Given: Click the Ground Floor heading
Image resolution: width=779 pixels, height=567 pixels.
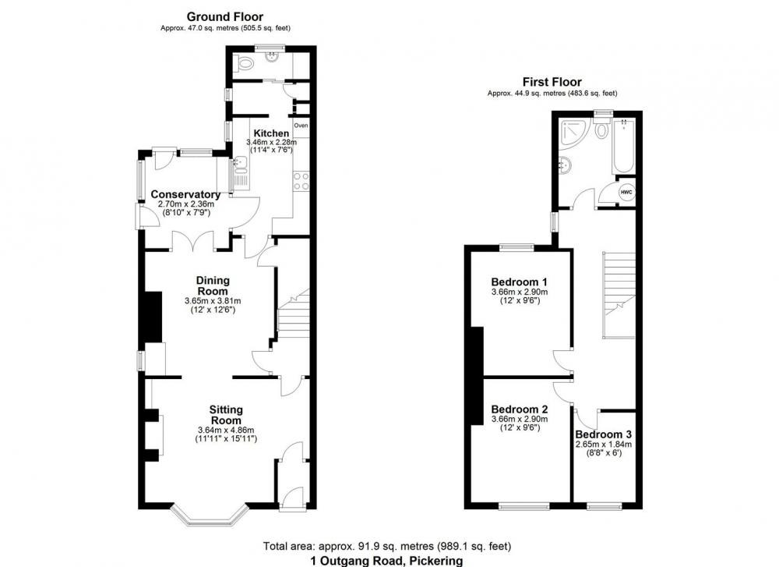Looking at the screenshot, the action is pos(225,17).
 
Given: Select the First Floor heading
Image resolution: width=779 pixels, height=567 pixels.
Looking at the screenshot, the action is pos(552,82).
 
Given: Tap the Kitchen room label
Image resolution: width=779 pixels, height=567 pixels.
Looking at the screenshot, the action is pos(271,133).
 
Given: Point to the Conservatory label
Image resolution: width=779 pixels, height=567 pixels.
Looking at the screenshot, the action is pos(186,194).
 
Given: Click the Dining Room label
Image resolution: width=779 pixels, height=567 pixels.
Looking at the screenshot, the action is pos(213,286).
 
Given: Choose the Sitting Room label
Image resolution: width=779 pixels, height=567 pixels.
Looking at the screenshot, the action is pos(226,415).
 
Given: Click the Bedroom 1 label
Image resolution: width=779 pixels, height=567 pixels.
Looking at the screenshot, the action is pos(519,282).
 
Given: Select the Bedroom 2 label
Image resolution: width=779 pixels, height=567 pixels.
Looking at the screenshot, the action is pos(519,409).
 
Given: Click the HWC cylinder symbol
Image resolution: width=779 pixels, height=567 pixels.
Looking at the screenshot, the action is pos(626,192).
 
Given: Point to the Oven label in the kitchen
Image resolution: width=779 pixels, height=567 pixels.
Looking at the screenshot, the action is pos(301,126).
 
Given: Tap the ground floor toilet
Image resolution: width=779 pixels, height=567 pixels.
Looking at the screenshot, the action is pos(245,62).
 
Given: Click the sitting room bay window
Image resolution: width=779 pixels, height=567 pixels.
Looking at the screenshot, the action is pos(209,516).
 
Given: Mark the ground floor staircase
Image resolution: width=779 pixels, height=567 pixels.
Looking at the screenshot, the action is pos(293,313).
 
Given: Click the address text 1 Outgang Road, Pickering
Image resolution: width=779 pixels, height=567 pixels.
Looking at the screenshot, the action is pos(386,561).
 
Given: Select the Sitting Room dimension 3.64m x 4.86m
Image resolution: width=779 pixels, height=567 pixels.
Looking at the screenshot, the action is pos(226,431).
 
